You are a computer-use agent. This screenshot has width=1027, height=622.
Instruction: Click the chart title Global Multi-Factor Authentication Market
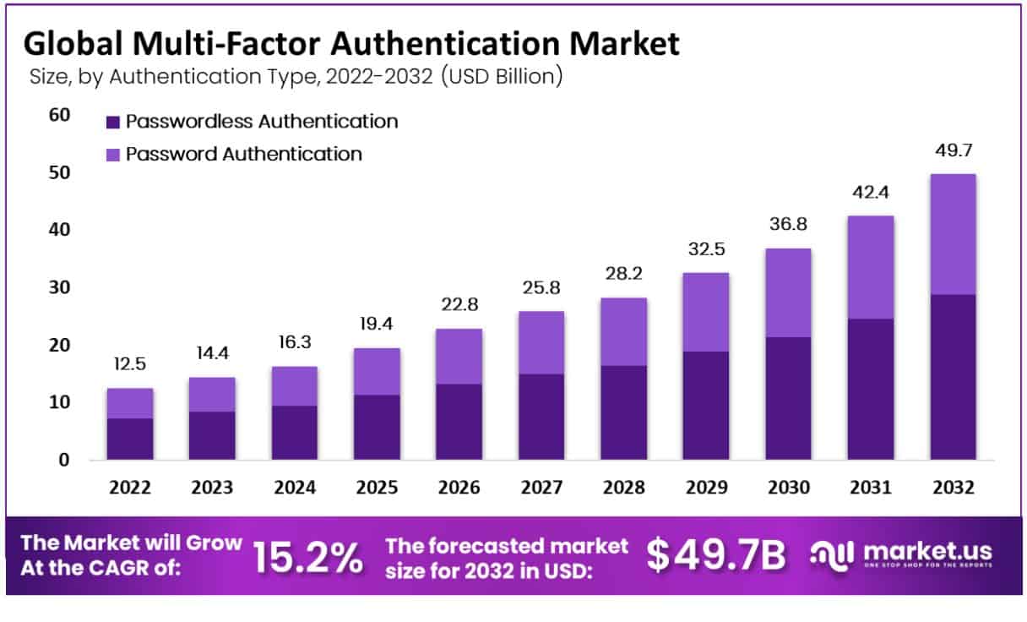(x=350, y=43)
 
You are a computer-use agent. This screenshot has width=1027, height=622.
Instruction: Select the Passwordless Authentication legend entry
(x=261, y=121)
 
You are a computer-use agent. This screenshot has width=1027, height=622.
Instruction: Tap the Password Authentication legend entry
(x=243, y=154)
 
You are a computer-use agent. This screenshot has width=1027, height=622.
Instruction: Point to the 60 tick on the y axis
(x=58, y=115)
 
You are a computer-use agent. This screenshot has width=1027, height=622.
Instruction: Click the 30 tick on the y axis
(x=58, y=287)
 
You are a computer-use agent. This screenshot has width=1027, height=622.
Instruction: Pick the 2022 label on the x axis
(x=129, y=488)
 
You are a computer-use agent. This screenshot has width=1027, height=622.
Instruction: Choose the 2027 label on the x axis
(x=541, y=488)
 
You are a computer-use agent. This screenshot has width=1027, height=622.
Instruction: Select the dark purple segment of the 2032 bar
(x=953, y=377)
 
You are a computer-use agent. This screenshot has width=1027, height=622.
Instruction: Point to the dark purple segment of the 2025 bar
(x=376, y=427)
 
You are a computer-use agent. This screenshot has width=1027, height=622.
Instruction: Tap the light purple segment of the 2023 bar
(x=211, y=395)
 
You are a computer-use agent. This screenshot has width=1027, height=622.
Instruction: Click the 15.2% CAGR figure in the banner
(x=308, y=556)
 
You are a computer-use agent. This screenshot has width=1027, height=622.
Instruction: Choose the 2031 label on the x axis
(x=870, y=488)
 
